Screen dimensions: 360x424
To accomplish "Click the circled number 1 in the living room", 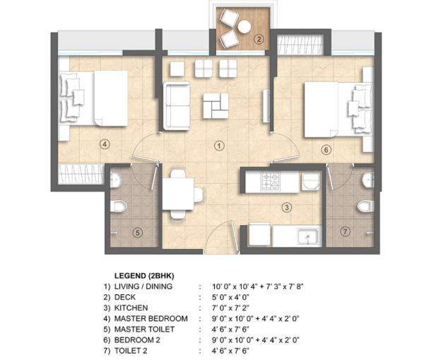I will [x=219, y=146].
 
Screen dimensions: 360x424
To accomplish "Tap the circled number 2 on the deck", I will [x=259, y=40].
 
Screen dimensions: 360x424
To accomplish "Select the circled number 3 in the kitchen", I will [x=285, y=207].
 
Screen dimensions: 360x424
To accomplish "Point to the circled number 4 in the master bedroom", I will [x=104, y=144].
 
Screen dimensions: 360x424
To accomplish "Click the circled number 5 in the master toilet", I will [x=138, y=232].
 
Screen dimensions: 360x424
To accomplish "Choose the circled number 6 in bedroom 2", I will [x=326, y=149].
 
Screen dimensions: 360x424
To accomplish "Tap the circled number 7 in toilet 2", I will [x=345, y=232].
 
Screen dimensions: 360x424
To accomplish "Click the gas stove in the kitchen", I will [x=271, y=182].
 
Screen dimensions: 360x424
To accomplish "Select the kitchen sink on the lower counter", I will [x=305, y=237].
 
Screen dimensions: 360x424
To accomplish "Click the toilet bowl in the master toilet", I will [x=121, y=207].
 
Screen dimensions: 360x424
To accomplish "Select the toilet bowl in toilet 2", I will [x=363, y=207].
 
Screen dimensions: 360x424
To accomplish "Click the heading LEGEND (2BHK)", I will [x=144, y=274].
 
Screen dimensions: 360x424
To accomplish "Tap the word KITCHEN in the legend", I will [x=132, y=308].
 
